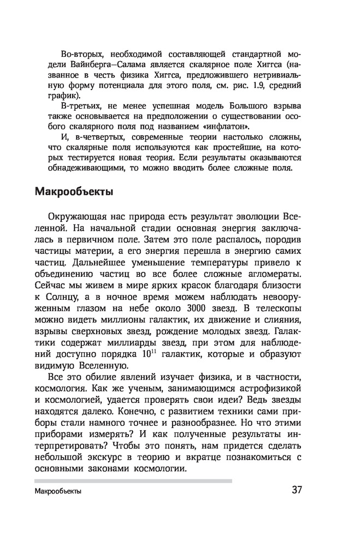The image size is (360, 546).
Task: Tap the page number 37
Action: coord(297,490)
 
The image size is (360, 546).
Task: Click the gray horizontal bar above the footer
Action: coord(133,480)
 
